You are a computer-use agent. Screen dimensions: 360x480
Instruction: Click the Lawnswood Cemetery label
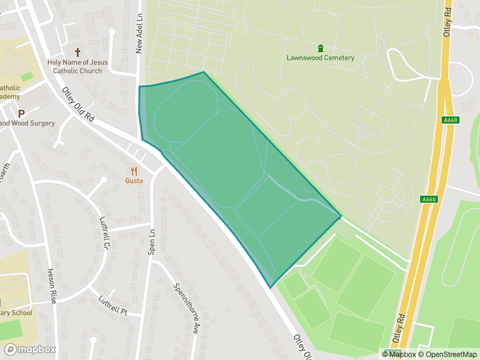pyautogui.click(x=320, y=58)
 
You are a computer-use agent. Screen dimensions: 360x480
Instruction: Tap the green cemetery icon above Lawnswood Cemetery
pyautogui.click(x=320, y=48)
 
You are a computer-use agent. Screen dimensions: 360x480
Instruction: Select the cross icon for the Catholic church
pyautogui.click(x=77, y=52)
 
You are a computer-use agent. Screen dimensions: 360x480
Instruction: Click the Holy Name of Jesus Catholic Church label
pyautogui.click(x=77, y=67)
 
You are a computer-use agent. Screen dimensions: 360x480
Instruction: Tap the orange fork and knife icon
pyautogui.click(x=134, y=170)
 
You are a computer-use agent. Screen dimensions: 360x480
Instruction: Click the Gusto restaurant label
pyautogui.click(x=134, y=181)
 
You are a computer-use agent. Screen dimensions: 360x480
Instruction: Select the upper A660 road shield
pyautogui.click(x=450, y=120)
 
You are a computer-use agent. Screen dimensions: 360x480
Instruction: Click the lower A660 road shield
pyautogui.click(x=428, y=200)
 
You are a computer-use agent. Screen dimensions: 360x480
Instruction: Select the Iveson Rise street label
pyautogui.click(x=52, y=284)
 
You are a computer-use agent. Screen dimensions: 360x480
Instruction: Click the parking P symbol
pyautogui.click(x=22, y=113)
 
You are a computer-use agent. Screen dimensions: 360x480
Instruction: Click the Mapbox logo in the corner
pyautogui.click(x=30, y=349)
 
